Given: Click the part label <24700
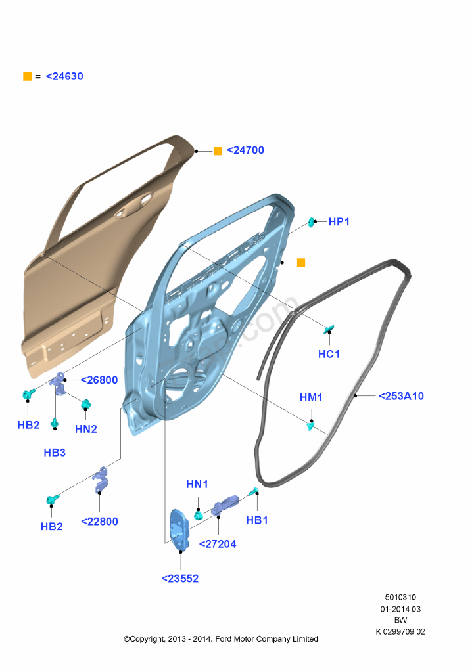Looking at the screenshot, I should coord(245,150).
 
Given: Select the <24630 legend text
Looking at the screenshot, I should coord(64,76).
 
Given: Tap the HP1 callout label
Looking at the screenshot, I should coord(339,222).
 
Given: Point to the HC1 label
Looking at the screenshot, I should coord(329,354).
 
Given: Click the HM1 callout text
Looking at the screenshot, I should coord(311,397).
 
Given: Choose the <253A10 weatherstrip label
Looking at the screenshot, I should coord(401,396).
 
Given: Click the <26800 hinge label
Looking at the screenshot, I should coord(99,380).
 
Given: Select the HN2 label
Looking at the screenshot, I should coord(86,429).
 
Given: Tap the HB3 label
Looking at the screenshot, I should coord(55,452).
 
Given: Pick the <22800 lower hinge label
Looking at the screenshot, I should coord(99,522).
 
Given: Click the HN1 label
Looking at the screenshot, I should coord(197,484).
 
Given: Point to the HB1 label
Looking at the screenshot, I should coord(257,520).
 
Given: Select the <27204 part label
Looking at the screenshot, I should coord(217,544).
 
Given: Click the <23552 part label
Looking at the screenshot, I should coord(180,579).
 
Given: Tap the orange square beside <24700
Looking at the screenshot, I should coord(218,150).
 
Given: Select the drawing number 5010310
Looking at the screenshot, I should coord(400,597).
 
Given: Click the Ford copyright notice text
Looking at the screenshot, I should coord(221,638).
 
